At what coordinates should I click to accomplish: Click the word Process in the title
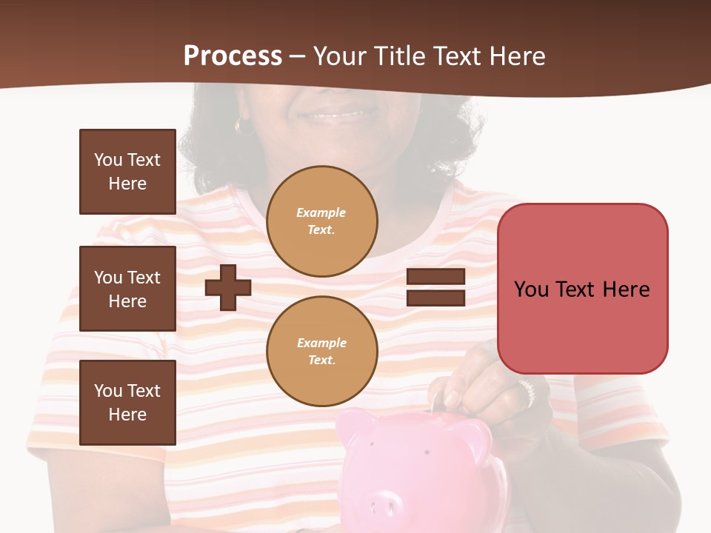pyautogui.click(x=233, y=56)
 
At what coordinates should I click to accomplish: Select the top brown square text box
pyautogui.click(x=127, y=172)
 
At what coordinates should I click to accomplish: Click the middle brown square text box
pyautogui.click(x=127, y=289)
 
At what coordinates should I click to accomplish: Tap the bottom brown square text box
pyautogui.click(x=127, y=403)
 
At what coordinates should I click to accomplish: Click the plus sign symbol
pyautogui.click(x=228, y=287)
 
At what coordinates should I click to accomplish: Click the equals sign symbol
pyautogui.click(x=435, y=287)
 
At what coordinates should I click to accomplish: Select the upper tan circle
pyautogui.click(x=321, y=221)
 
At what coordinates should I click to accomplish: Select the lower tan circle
pyautogui.click(x=321, y=352)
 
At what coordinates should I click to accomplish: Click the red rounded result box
pyautogui.click(x=582, y=289)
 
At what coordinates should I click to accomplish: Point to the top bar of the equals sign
pyautogui.click(x=435, y=277)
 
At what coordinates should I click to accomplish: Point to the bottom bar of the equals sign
pyautogui.click(x=435, y=298)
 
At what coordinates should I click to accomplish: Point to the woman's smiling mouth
pyautogui.click(x=337, y=115)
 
